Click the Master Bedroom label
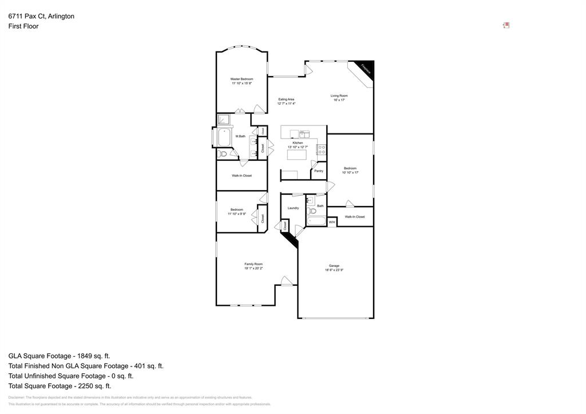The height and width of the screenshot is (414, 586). point(241,79)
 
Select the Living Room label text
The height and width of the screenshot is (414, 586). point(339,96)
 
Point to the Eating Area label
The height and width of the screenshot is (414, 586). point(286,99)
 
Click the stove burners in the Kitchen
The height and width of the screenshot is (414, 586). point(322,150)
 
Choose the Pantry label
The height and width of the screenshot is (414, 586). point(319,171)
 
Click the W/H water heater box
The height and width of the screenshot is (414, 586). point(332,222)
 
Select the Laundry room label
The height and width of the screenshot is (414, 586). point(293,208)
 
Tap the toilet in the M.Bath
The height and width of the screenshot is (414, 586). point(223,153)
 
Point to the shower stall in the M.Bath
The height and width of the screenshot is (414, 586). point(223,120)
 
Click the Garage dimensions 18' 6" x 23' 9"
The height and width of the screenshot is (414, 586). point(334,270)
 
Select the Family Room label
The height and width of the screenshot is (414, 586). point(253,264)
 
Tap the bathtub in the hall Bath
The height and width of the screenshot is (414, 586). point(316,221)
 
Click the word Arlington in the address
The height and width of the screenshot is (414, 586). point(60,16)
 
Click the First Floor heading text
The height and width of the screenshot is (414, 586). point(23,26)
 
